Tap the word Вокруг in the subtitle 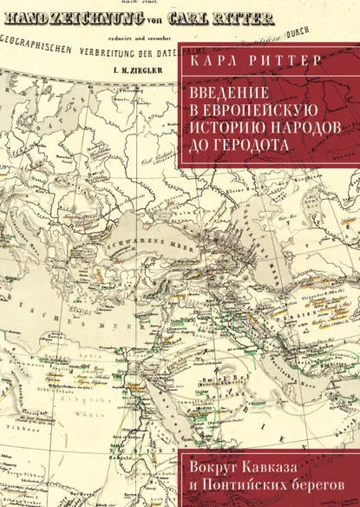point(215,459)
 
